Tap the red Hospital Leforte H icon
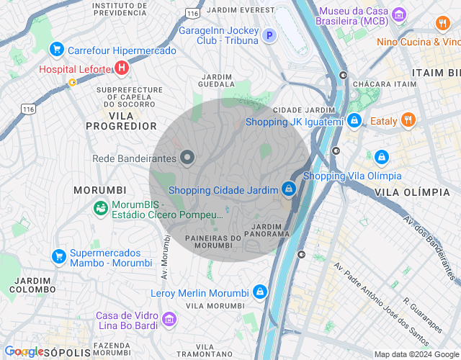coord(122,69)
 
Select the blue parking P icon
coord(269,35)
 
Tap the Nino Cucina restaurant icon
coord(442,24)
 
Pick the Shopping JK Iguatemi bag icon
coord(354,120)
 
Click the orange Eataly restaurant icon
coord(408,120)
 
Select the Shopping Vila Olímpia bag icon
coord(382,156)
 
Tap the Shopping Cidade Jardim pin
coord(288,188)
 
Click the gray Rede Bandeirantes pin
coord(187,157)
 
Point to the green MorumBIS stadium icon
coord(101,208)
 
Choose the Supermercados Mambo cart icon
coord(59,256)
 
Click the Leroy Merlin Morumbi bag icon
coord(260,292)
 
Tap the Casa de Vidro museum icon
coord(169,318)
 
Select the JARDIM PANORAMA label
coord(267,230)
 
